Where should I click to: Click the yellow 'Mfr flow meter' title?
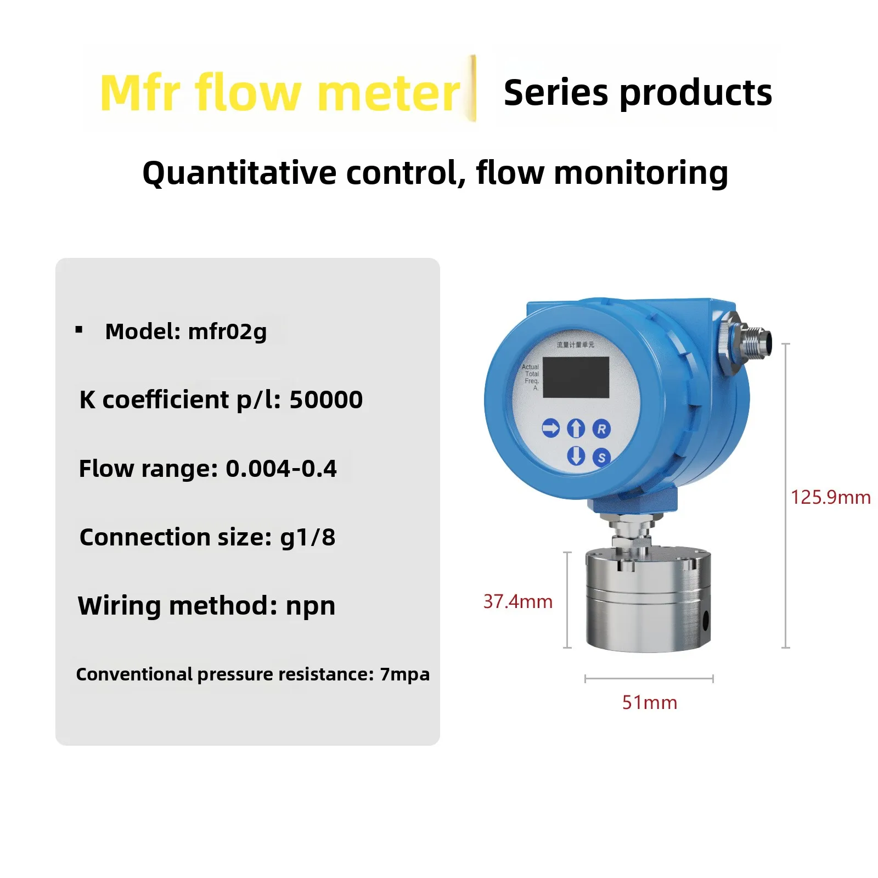coord(280,92)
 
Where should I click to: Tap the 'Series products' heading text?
coord(638,92)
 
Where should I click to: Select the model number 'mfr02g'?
coord(227,331)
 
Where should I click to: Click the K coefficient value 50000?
coord(326,399)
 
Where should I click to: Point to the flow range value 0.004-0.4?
coord(281,469)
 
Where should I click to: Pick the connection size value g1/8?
coord(308,537)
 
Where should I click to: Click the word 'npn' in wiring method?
coord(311,606)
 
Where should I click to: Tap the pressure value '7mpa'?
coord(405,674)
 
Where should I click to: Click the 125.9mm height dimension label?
coord(830,497)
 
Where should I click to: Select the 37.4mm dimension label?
coord(517,601)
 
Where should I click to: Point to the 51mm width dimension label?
coord(649,702)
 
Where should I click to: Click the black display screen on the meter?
coord(576,377)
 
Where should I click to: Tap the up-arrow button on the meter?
coord(576,428)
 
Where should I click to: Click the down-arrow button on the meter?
coord(576,455)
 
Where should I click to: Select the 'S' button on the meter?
coord(601,457)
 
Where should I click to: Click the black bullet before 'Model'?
coord(79,330)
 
